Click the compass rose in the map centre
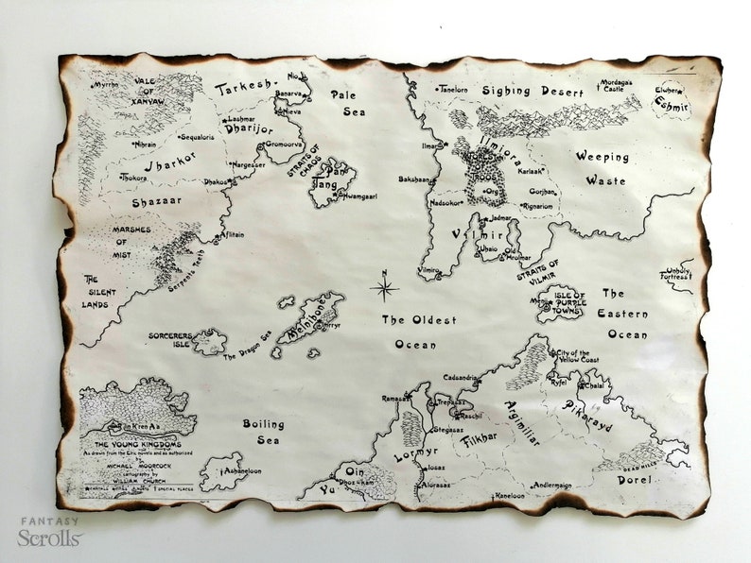point(384,288)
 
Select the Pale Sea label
point(347,103)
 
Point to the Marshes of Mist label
point(132,242)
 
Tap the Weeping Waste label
point(603,168)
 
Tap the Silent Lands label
point(99,292)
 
